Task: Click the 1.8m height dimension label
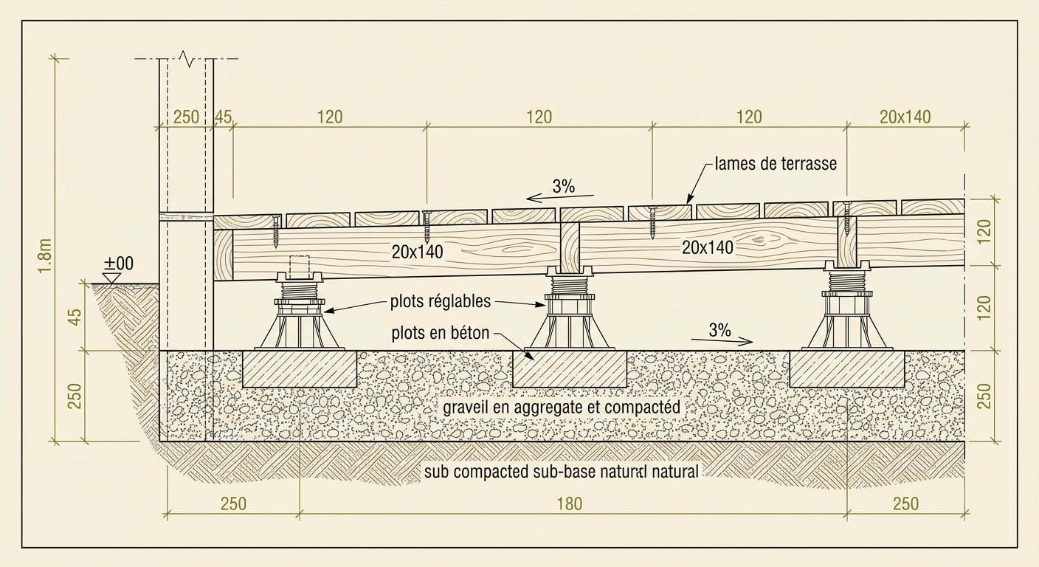click(45, 255)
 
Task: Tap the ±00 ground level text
click(118, 264)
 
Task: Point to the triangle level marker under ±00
click(111, 278)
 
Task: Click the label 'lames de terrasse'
click(776, 163)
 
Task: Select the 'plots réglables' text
click(441, 302)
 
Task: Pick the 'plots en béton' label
click(441, 333)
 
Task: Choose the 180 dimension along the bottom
click(569, 504)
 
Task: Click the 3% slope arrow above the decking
click(560, 198)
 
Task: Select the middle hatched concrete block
click(570, 369)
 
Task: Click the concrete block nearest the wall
click(300, 369)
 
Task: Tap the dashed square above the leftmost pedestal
click(299, 267)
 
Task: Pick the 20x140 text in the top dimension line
click(905, 117)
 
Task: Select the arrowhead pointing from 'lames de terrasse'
click(689, 199)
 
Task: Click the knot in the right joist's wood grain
click(757, 240)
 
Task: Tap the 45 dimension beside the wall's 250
click(223, 117)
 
